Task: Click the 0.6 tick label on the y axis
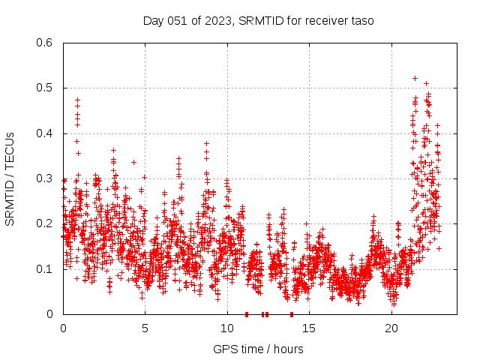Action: pyautogui.click(x=46, y=43)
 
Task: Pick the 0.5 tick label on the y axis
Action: pyautogui.click(x=46, y=88)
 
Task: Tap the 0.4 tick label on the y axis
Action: pyautogui.click(x=46, y=133)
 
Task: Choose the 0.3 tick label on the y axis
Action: pyautogui.click(x=46, y=178)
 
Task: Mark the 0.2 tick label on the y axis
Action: pyautogui.click(x=46, y=223)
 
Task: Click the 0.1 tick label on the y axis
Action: pyautogui.click(x=46, y=269)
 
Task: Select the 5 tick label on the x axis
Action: pyautogui.click(x=145, y=328)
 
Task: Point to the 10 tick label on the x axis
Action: pyautogui.click(x=227, y=328)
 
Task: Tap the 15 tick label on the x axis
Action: pyautogui.click(x=310, y=328)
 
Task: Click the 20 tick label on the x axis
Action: pyautogui.click(x=391, y=328)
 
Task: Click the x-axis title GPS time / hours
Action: pyautogui.click(x=258, y=349)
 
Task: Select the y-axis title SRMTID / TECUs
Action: pyautogui.click(x=10, y=178)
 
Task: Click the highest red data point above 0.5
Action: pyautogui.click(x=415, y=78)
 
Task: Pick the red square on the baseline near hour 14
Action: pyautogui.click(x=292, y=314)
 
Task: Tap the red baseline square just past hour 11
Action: pyautogui.click(x=247, y=314)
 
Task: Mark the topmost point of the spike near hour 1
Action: pyautogui.click(x=77, y=100)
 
